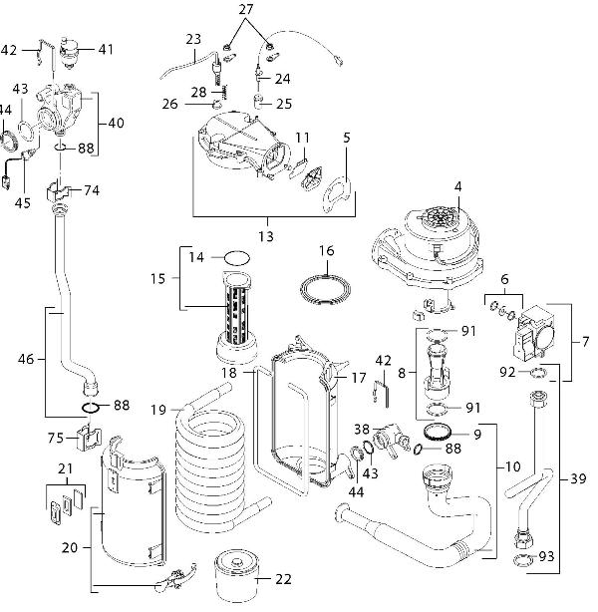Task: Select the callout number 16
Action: (x=326, y=249)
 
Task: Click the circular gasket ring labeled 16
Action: (x=326, y=286)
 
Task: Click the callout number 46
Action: (x=27, y=355)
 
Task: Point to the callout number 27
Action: (x=246, y=9)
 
